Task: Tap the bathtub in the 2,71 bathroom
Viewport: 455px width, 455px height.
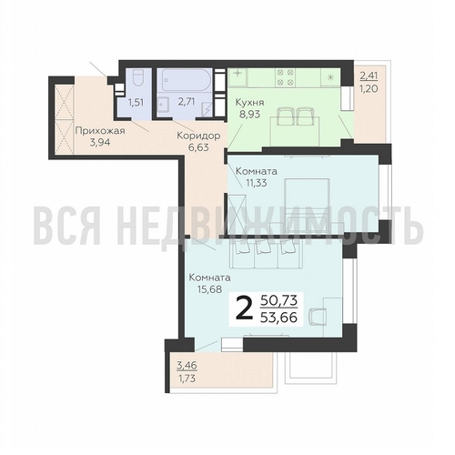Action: pos(186,80)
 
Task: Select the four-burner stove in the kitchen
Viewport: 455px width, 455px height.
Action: pos(285,77)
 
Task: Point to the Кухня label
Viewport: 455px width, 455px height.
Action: pos(249,103)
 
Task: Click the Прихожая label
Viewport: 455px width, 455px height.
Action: pos(100,131)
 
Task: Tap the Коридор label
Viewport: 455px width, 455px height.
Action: pos(198,136)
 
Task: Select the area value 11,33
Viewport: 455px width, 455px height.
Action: pos(256,183)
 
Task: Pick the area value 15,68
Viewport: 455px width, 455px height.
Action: pos(210,289)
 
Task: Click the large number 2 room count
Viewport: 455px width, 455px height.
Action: pos(244,308)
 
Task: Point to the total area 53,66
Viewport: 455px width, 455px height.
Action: pos(278,318)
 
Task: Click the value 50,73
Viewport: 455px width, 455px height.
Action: pos(278,300)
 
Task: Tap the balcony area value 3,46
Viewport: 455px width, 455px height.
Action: pos(187,366)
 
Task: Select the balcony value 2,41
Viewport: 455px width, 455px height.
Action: pos(369,76)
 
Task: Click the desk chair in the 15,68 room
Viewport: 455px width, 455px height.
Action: pos(318,317)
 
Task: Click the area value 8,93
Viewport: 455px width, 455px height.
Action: pos(249,114)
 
